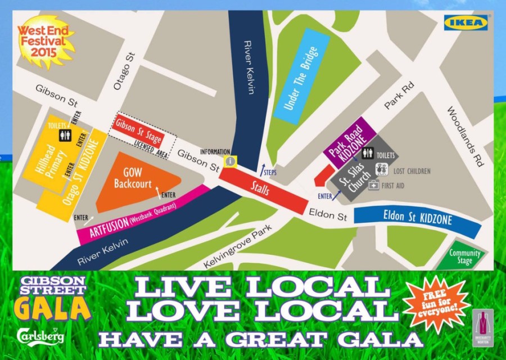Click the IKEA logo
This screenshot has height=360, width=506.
click(466, 23)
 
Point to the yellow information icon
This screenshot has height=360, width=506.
click(231, 161)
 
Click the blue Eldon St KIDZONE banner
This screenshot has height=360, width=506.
click(417, 219)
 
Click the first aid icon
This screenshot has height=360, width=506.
click(373, 185)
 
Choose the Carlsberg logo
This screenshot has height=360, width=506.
click(40, 335)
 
